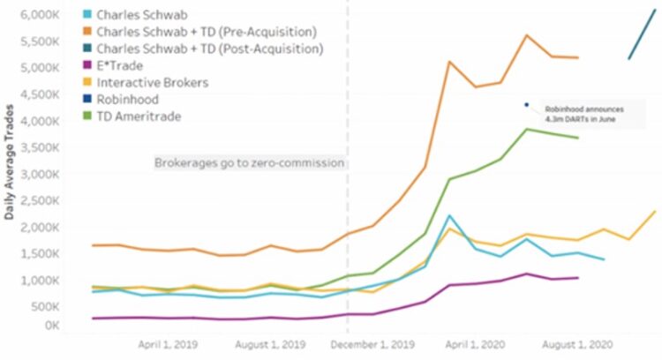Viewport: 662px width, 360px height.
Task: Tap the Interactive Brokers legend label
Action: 153,82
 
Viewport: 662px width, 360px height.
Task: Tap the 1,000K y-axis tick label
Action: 38,280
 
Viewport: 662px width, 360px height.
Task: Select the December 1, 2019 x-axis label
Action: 373,342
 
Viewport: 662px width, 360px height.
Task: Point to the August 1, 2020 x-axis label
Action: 577,342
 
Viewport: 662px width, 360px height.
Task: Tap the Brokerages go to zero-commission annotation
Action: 250,163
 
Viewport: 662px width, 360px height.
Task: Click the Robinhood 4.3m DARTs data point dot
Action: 526,104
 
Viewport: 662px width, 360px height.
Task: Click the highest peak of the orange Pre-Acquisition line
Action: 527,35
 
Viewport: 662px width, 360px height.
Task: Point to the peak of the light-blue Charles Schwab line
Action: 450,215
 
